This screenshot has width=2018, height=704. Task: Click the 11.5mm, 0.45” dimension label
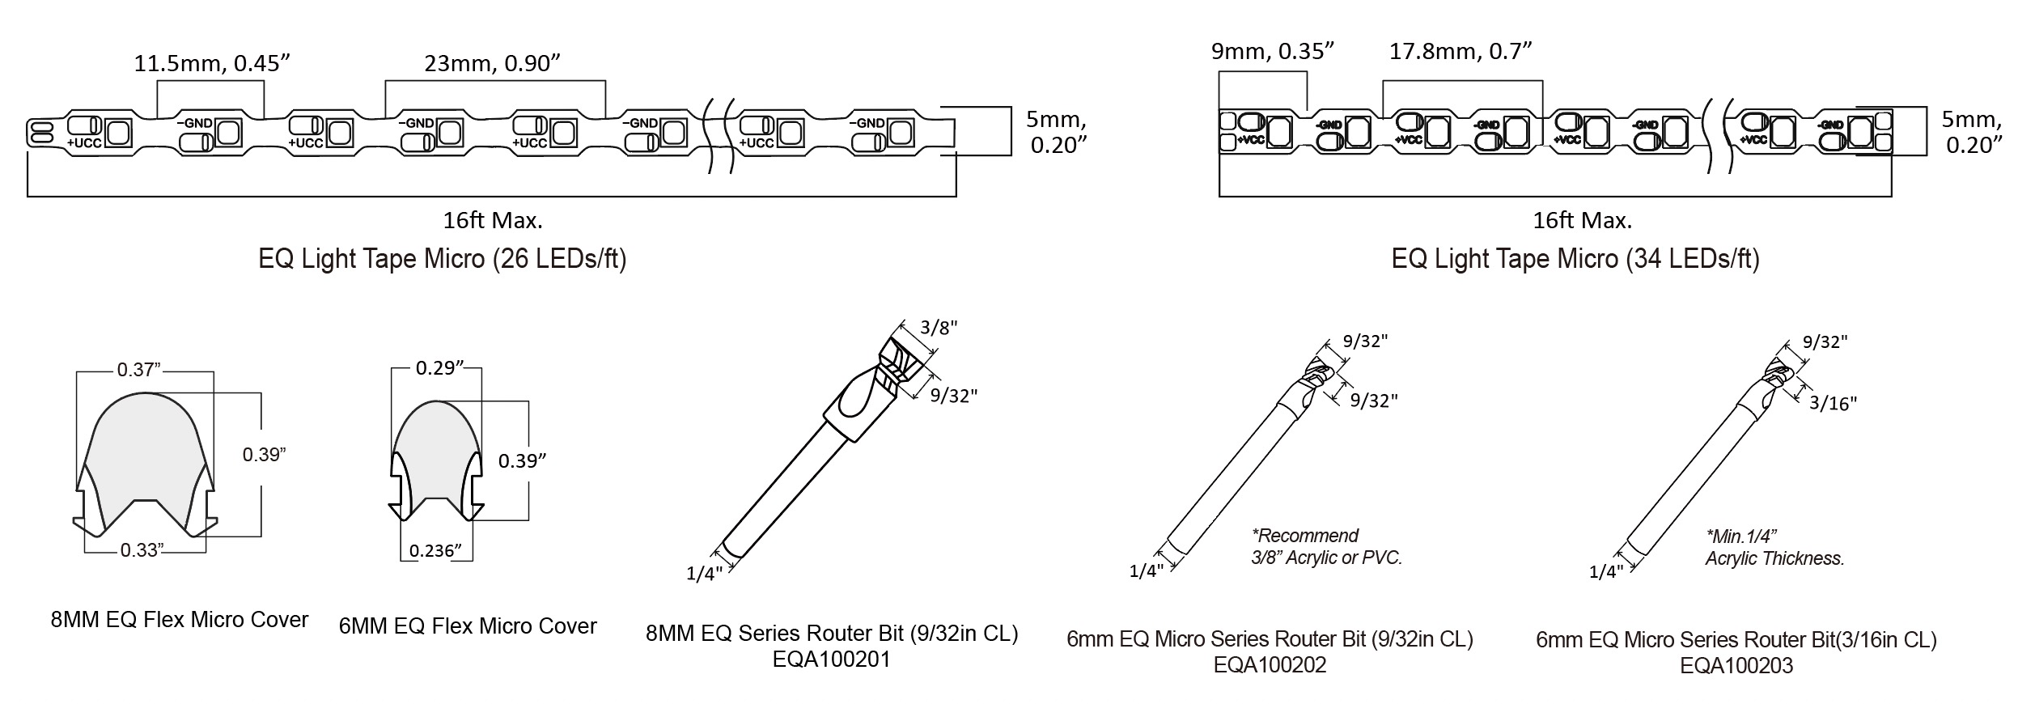click(x=212, y=63)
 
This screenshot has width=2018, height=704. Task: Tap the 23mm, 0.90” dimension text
click(x=493, y=63)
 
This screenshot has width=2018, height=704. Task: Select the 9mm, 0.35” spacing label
click(x=1272, y=52)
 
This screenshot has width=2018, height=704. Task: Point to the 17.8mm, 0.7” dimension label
click(x=1461, y=51)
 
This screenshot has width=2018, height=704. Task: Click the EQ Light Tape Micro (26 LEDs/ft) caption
click(x=442, y=259)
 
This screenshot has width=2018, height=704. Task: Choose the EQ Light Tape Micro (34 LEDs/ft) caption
click(x=1575, y=259)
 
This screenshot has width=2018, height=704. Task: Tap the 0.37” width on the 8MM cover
click(x=139, y=370)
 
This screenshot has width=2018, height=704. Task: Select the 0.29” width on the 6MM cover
click(x=439, y=368)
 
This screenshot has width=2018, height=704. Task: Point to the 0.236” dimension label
click(x=436, y=551)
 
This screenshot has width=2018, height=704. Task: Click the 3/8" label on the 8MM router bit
click(x=939, y=328)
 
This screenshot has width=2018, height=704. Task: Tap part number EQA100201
click(x=831, y=659)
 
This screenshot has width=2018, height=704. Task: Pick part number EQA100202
click(x=1270, y=665)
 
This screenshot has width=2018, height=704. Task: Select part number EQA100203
click(x=1736, y=666)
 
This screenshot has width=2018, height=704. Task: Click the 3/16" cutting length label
click(x=1833, y=403)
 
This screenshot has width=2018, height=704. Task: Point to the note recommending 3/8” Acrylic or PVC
click(x=1326, y=546)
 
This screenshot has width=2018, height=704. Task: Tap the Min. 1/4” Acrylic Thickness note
click(x=1774, y=547)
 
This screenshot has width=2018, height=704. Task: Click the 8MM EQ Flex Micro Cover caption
click(x=180, y=620)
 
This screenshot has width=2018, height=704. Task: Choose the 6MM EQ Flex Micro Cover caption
click(x=468, y=626)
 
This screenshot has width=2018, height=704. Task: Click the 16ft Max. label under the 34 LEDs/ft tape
click(x=1582, y=220)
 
